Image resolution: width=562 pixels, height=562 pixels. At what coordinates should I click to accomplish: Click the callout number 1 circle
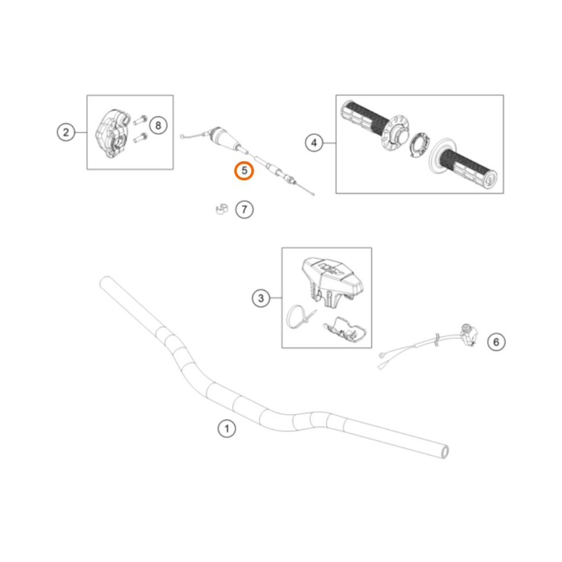[x=226, y=430]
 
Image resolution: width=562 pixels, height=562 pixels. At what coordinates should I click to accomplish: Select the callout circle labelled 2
[x=66, y=133]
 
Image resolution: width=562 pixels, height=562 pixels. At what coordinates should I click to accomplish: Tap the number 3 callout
[x=261, y=298]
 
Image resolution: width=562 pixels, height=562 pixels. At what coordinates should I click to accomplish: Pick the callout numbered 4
[x=314, y=143]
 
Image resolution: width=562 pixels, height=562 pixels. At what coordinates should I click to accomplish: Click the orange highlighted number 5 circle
[x=244, y=170]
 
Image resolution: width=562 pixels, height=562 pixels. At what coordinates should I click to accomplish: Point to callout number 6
[x=496, y=341]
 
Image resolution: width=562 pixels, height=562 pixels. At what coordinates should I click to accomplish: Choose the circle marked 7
[x=244, y=210]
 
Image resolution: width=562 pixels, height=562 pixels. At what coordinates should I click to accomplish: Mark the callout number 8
[x=158, y=125]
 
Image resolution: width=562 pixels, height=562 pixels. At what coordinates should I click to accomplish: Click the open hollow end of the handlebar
[x=445, y=450]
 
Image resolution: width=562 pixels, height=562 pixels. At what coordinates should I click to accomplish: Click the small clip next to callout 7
[x=220, y=209]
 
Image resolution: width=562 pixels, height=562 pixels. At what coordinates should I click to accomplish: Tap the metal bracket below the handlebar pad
[x=345, y=331]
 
